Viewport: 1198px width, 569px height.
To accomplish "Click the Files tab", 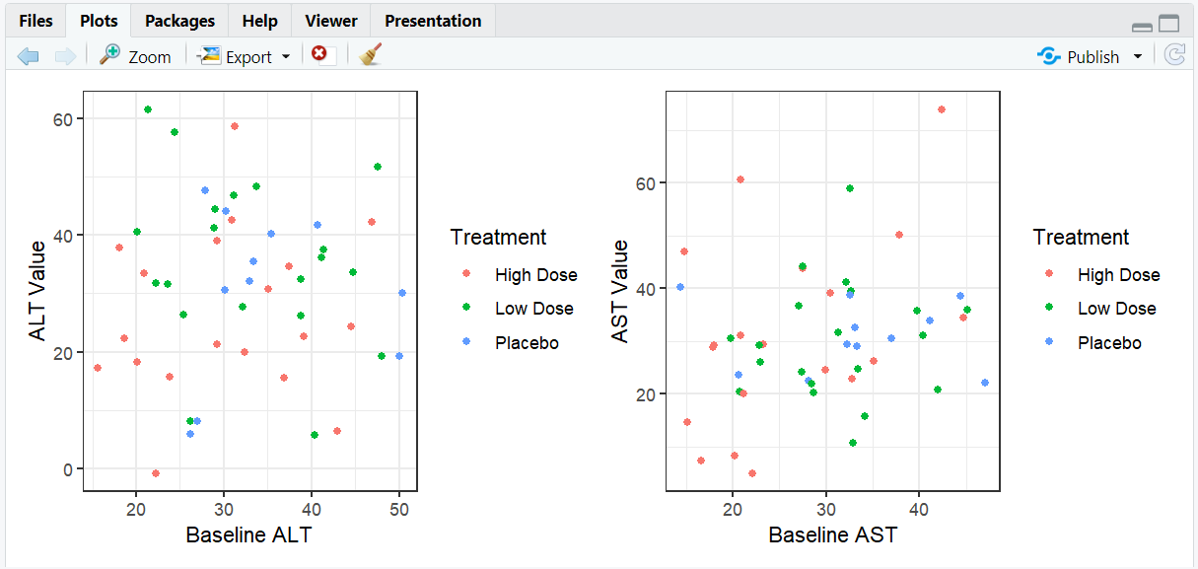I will pos(35,21).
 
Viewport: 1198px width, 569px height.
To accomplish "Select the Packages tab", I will pos(179,21).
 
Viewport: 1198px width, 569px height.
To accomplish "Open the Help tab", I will pos(260,21).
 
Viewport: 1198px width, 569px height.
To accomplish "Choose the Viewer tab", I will pos(331,21).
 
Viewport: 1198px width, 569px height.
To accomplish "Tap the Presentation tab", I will pos(433,21).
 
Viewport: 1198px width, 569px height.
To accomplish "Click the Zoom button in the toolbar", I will pos(136,57).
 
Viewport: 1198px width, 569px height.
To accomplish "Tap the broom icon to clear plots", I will pos(370,56).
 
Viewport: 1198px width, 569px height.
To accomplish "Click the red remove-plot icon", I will pos(319,55).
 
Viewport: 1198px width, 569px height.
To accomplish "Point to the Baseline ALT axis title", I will pos(250,535).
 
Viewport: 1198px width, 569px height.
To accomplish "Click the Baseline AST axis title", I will pos(833,535).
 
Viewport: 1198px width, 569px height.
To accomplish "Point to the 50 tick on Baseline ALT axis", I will pos(399,509).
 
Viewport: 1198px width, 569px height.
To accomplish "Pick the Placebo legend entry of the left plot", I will pos(527,343).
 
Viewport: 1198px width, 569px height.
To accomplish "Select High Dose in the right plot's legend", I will pos(1118,275).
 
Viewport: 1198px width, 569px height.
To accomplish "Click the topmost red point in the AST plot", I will pos(942,109).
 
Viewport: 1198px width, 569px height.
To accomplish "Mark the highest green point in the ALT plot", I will pos(148,109).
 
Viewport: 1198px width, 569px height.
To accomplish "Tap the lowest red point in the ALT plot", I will pos(156,473).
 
